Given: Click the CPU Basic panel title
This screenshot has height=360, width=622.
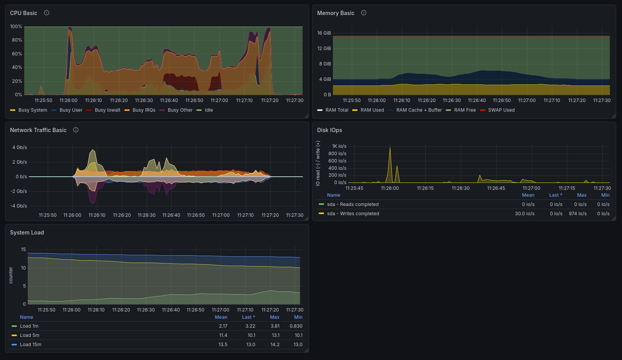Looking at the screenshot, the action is [x=23, y=13].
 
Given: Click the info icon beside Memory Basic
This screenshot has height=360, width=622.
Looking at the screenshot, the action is [x=363, y=13].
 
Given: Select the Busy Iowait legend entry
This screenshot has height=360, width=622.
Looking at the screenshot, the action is [x=103, y=110].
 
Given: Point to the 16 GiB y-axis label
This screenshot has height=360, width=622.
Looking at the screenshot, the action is [x=324, y=33].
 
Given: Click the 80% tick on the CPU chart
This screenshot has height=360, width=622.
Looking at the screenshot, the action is [x=17, y=40].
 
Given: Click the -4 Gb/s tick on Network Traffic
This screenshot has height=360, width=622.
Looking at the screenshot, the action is [x=18, y=206].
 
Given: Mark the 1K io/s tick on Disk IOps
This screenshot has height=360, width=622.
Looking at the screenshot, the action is [x=339, y=146].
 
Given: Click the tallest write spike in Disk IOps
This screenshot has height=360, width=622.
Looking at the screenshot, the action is [x=390, y=148].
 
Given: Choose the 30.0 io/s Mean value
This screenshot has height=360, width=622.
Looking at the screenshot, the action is [x=525, y=214].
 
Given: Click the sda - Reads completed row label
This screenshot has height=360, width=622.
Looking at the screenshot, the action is [x=353, y=204].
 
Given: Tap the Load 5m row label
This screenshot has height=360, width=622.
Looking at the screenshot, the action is [x=29, y=335].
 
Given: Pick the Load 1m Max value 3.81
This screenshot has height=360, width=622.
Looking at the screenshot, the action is [x=275, y=326].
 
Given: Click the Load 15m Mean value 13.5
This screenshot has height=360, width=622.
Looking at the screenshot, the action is [x=223, y=345].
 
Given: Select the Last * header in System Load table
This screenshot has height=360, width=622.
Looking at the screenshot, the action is [x=248, y=317].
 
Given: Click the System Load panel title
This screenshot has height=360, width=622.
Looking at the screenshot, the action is [x=27, y=233].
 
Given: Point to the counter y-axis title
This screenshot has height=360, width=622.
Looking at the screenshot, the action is [x=11, y=275].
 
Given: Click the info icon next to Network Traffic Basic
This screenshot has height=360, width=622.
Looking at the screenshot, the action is [x=76, y=130].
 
